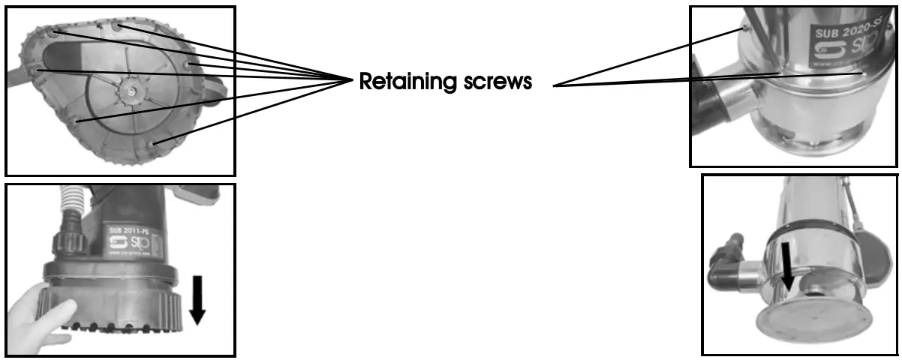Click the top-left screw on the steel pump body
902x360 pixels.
tap(743, 28)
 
